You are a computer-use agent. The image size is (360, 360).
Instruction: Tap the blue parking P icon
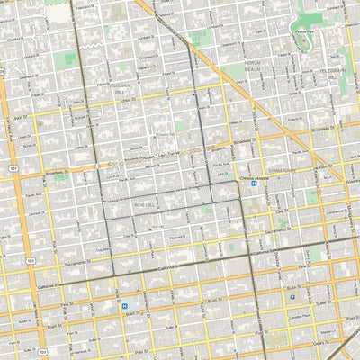coord(292,294)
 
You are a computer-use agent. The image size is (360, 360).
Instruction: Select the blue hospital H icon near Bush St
coord(124,306)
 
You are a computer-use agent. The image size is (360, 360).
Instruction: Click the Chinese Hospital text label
coord(255,179)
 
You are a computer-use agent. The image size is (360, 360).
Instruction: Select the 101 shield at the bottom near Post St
coord(42,351)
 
